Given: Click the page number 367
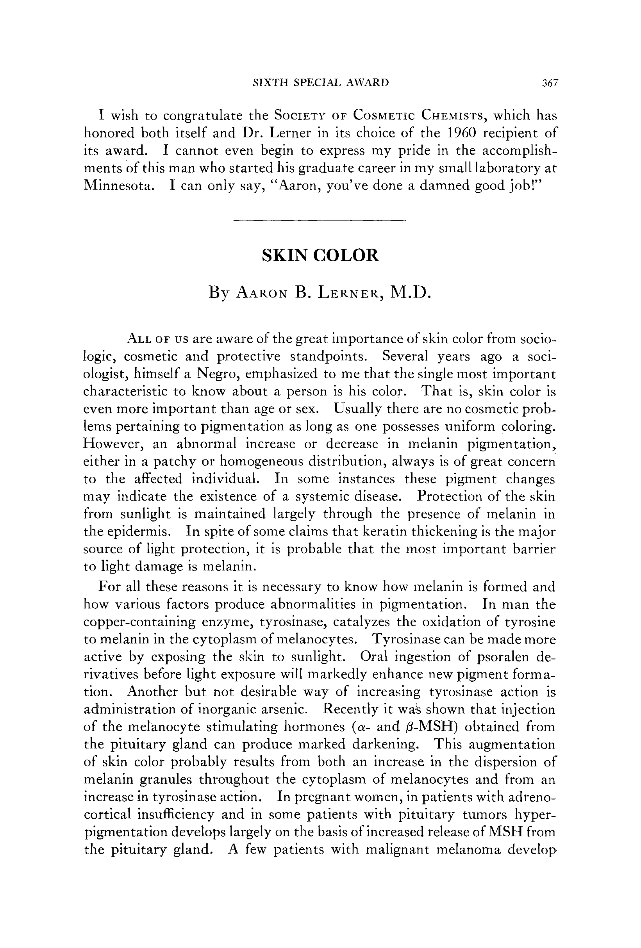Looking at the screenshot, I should tap(550, 83).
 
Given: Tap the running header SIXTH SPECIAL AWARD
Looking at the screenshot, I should tap(321, 82).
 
